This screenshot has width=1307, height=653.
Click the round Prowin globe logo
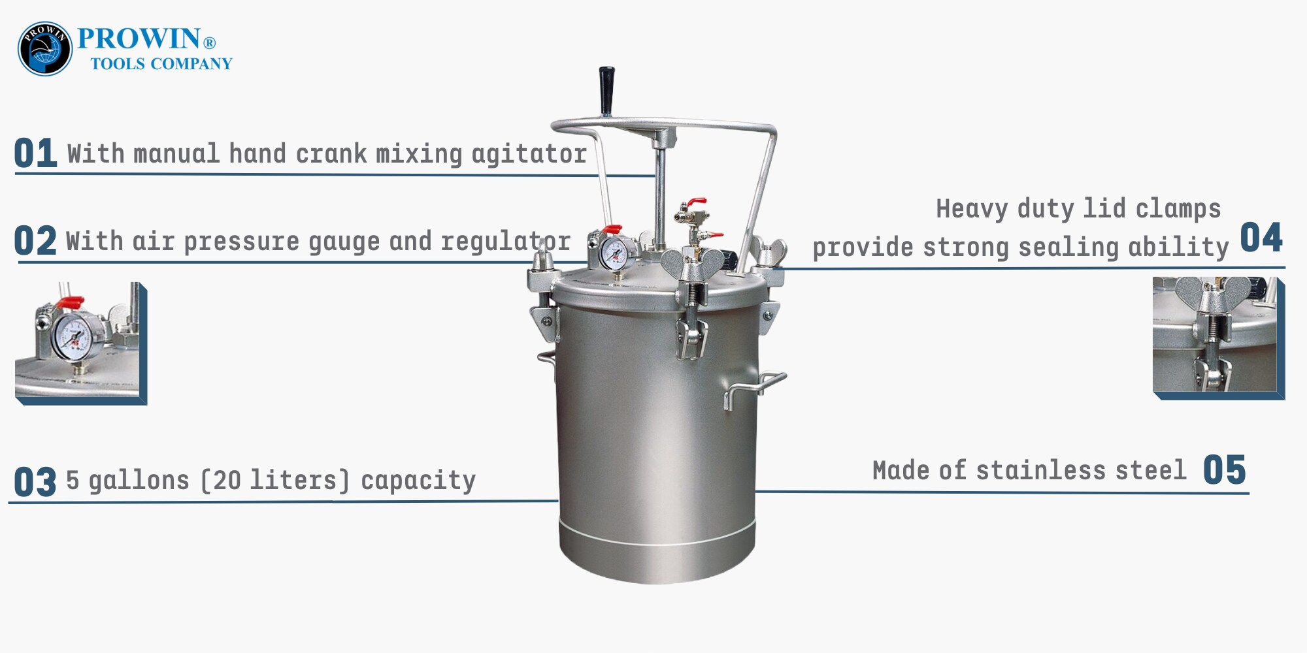[x=45, y=48]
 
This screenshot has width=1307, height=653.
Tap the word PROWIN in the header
[x=139, y=39]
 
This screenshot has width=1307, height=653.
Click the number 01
[x=35, y=153]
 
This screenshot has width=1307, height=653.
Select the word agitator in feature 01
[x=529, y=155]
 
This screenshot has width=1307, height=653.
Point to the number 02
[x=35, y=240]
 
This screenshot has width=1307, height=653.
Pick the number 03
[x=35, y=482]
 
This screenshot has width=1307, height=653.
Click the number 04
[x=1261, y=238]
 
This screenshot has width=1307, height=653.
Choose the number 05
[x=1225, y=470]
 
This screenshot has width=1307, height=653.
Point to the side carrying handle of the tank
[x=755, y=389]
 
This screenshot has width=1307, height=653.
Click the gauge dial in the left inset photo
[x=74, y=334]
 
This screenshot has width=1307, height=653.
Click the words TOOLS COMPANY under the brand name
[x=161, y=64]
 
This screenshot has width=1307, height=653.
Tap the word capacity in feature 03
[x=418, y=482]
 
